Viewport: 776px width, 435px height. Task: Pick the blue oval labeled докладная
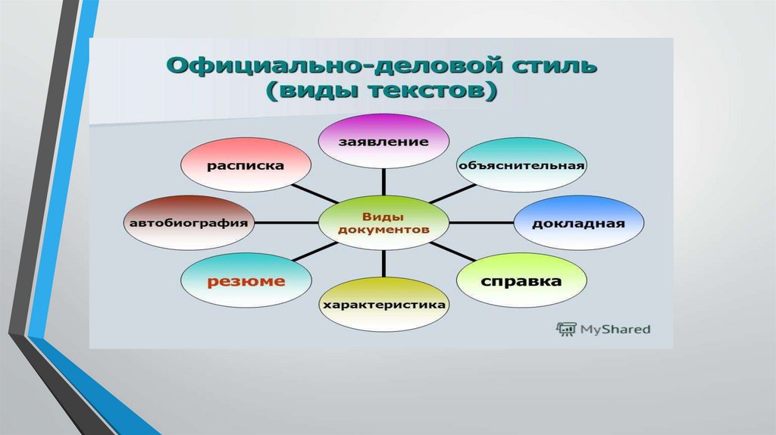click(x=579, y=222)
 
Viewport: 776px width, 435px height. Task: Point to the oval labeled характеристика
click(x=384, y=305)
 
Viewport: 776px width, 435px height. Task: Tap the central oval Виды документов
click(x=384, y=222)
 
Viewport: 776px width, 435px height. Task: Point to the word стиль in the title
click(x=550, y=67)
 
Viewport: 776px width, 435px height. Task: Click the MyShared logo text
click(x=615, y=329)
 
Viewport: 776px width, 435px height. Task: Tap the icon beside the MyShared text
click(x=565, y=329)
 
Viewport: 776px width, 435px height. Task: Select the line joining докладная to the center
click(x=482, y=222)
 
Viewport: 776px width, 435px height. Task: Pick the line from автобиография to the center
click(x=286, y=222)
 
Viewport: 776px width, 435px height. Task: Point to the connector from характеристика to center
click(x=384, y=262)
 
